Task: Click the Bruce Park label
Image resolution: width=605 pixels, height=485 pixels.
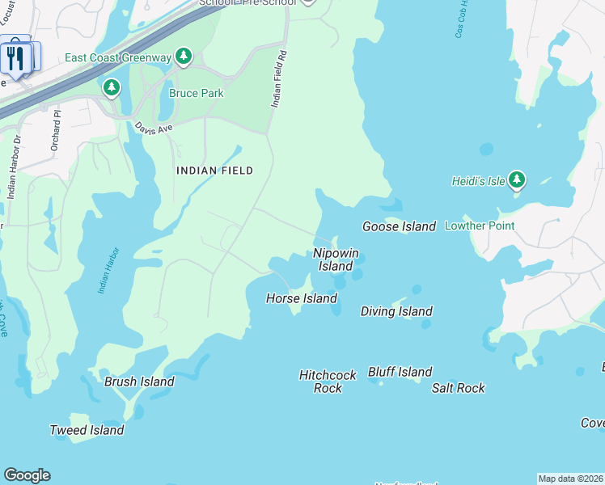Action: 196,93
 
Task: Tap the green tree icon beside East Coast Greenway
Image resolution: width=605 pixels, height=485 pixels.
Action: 184,56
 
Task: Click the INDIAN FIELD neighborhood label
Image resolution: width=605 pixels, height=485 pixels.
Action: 215,171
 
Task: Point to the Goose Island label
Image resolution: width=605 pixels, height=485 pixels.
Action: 399,227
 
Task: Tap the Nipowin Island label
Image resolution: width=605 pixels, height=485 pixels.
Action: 336,259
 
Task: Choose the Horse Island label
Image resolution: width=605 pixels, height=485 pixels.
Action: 302,299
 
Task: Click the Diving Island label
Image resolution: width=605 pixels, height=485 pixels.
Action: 396,311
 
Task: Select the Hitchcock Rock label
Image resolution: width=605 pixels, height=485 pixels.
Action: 328,382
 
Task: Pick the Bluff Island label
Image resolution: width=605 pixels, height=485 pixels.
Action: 400,372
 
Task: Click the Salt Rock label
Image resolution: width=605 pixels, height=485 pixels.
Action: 459,388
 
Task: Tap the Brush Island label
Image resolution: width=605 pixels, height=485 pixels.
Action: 139,382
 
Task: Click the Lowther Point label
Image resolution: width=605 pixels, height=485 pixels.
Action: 480,226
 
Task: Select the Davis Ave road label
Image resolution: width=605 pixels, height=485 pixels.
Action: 154,129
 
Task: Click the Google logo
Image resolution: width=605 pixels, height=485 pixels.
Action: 27,475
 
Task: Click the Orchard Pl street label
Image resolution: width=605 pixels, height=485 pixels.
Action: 57,138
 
